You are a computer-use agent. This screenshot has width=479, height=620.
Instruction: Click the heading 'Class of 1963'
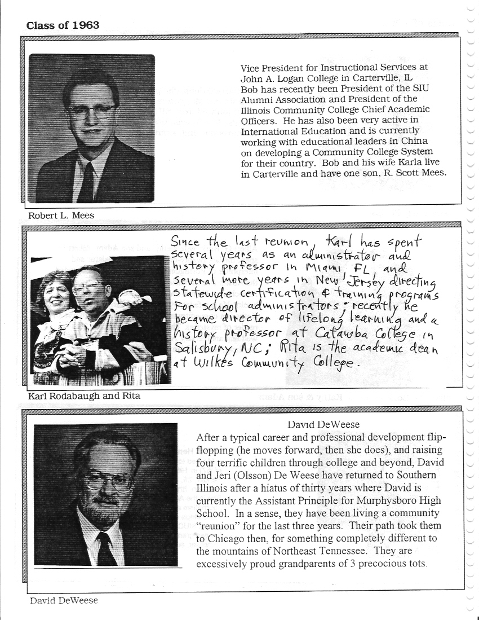tap(63, 25)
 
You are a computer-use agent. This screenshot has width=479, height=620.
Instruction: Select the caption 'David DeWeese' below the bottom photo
tap(63, 601)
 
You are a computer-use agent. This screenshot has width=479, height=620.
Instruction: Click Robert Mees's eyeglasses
tap(90, 111)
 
